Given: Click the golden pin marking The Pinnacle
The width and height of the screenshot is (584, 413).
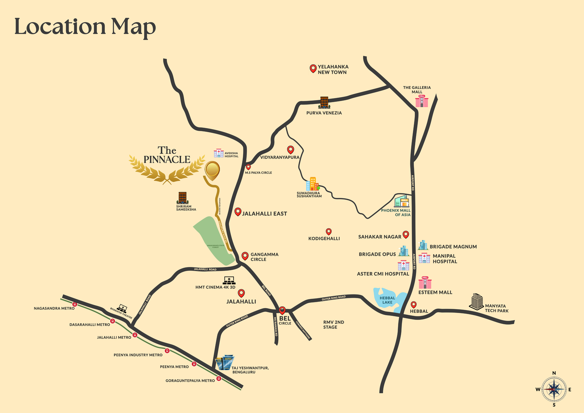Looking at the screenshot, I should pyautogui.click(x=212, y=170).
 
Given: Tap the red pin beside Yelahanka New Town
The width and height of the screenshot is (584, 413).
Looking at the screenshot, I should pyautogui.click(x=313, y=68).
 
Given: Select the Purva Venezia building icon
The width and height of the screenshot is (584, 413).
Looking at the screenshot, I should pyautogui.click(x=324, y=103).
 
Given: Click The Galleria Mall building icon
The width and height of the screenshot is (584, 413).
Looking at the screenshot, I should pyautogui.click(x=422, y=101).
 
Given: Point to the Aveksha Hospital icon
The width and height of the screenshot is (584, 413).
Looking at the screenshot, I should pyautogui.click(x=219, y=153).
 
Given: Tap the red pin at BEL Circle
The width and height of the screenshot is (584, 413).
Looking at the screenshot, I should pyautogui.click(x=282, y=310).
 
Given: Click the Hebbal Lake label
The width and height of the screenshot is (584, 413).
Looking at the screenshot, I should pyautogui.click(x=387, y=300).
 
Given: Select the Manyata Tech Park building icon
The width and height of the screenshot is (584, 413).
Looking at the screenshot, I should pyautogui.click(x=477, y=301).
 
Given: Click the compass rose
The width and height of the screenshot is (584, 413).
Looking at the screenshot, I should pyautogui.click(x=554, y=389).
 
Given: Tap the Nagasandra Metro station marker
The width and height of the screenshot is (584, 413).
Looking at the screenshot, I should pyautogui.click(x=75, y=304).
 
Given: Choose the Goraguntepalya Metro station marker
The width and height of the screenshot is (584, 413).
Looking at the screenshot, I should pyautogui.click(x=219, y=379).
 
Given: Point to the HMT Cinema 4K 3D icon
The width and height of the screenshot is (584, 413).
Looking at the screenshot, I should pyautogui.click(x=229, y=280).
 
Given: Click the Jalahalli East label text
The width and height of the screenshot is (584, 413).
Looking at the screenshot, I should pyautogui.click(x=264, y=214).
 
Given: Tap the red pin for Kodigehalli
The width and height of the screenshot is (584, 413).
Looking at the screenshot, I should pyautogui.click(x=328, y=231).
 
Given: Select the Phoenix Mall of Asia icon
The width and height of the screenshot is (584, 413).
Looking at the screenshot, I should pyautogui.click(x=402, y=201).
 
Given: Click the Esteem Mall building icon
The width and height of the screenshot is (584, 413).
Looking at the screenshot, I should pyautogui.click(x=425, y=283).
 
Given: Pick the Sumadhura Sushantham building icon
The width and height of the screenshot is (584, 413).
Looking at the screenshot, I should pyautogui.click(x=312, y=184).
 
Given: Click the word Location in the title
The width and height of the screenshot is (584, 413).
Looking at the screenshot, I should pyautogui.click(x=60, y=27).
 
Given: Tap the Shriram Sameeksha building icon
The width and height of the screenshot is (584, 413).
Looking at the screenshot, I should pyautogui.click(x=182, y=198).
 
